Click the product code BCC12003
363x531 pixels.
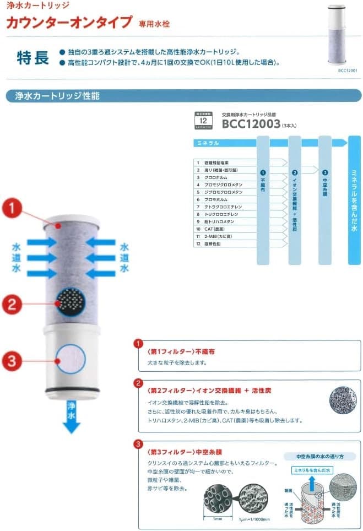click(x=251, y=124)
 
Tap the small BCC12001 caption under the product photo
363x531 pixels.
click(x=346, y=71)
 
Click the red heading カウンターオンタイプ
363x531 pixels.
click(x=69, y=22)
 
